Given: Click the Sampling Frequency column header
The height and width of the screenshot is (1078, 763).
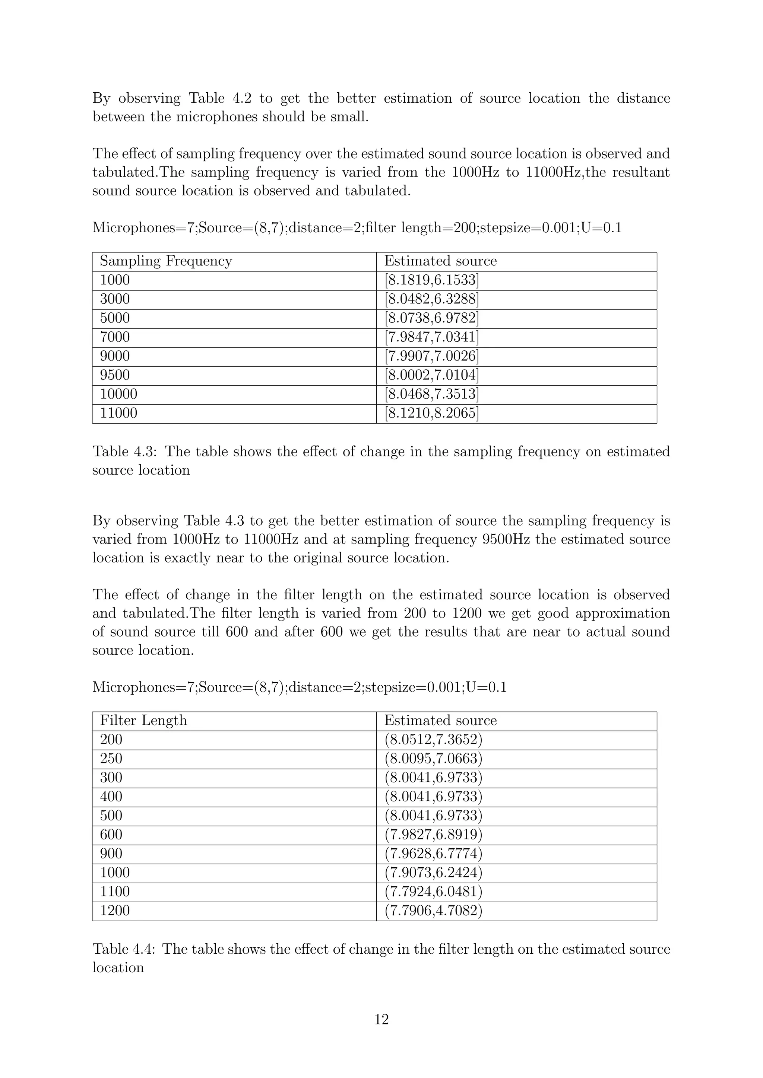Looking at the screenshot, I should point(166,261).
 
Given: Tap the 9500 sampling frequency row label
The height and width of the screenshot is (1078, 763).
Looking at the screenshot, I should point(115,375).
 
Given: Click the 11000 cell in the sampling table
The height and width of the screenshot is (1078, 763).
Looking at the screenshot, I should point(118,413).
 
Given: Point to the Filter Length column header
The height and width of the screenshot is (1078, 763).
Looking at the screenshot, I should point(143,721).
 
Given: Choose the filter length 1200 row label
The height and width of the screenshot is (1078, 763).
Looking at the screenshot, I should point(115,911).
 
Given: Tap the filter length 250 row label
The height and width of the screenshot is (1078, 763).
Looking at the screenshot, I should point(111,759).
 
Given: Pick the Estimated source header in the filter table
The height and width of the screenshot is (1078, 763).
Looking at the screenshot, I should point(440,721).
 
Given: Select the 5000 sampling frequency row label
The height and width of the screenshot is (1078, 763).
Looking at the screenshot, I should point(115,318).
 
